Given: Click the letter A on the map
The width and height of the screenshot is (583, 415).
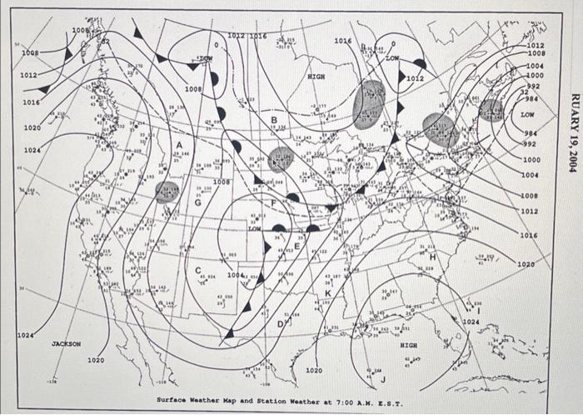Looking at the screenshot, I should (179, 148).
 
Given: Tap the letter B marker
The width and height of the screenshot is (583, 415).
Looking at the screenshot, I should (273, 120).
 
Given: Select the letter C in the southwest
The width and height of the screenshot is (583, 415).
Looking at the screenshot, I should (199, 270).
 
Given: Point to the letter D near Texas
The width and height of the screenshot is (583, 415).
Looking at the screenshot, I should (280, 322).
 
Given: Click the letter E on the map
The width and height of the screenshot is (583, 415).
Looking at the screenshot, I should (297, 245).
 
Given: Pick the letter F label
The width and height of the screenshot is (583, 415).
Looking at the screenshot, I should (274, 203).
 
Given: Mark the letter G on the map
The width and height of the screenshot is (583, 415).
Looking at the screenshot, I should (197, 202).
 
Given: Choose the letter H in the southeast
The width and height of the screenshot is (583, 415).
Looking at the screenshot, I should (432, 257).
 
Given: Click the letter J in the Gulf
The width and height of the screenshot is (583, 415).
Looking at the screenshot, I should (383, 380).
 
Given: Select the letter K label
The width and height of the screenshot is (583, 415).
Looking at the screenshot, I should (328, 293).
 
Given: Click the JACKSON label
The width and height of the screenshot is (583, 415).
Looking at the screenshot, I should (67, 343).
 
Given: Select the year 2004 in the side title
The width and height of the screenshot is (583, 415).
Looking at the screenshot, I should (571, 157).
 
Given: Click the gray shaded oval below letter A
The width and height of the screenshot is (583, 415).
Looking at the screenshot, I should (167, 192).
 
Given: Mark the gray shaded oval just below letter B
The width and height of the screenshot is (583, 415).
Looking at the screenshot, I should (282, 158).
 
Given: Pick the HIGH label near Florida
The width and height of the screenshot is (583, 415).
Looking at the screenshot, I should (408, 343).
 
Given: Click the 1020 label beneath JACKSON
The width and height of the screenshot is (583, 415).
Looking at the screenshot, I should (96, 360).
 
